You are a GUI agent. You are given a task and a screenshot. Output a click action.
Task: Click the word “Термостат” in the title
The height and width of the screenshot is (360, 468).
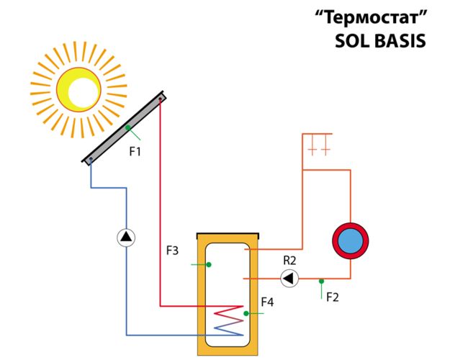(x=372, y=17)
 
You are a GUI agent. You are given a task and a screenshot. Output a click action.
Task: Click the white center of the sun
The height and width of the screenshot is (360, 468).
(x=84, y=92)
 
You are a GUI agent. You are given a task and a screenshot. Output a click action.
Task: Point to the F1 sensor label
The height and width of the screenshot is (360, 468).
(x=135, y=152)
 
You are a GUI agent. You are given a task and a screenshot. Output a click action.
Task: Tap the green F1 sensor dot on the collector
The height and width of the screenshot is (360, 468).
(x=128, y=127)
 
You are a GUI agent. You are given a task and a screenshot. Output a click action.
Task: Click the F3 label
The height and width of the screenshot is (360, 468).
(x=173, y=251)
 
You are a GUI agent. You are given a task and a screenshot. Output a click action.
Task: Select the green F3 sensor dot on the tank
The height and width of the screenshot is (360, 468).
(x=209, y=264)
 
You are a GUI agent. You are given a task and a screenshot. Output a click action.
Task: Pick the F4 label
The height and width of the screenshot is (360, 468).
(x=267, y=302)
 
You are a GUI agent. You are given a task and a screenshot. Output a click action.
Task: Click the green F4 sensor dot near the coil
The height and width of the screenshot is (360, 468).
(x=246, y=313)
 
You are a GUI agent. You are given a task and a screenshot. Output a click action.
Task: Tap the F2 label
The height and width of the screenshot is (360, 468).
(x=333, y=297)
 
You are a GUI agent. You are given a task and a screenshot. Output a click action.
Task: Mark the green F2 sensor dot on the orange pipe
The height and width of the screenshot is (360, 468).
(x=321, y=282)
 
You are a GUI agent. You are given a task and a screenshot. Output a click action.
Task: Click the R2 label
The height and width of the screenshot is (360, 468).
(x=289, y=261)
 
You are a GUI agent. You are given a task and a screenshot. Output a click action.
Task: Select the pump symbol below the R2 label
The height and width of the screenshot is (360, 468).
(x=289, y=279)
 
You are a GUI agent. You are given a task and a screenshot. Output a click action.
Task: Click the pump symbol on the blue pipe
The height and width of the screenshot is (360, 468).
(x=126, y=238)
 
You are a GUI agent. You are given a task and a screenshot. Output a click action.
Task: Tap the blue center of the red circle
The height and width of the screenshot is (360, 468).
(x=351, y=241)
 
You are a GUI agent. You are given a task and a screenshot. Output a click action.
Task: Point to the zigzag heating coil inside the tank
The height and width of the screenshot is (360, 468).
(x=229, y=320)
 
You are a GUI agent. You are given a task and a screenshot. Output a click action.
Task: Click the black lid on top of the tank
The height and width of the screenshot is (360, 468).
(x=228, y=235)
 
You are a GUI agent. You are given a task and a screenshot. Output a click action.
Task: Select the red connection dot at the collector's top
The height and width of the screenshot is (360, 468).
(x=161, y=98)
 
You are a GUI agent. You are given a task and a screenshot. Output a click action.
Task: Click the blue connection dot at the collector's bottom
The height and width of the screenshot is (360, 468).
(x=91, y=159)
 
